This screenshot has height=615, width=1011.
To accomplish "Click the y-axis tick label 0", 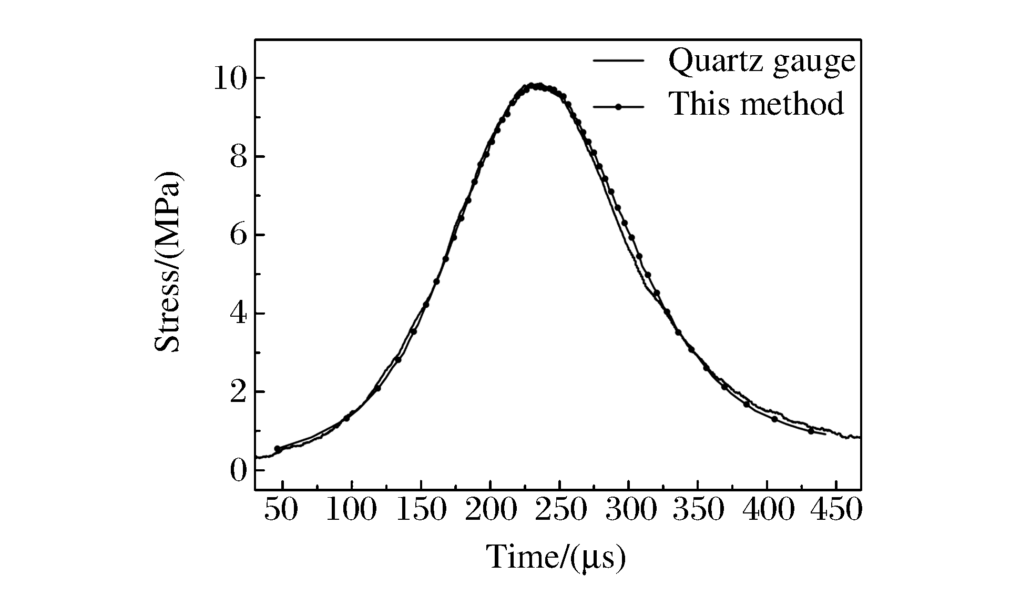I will click(238, 470).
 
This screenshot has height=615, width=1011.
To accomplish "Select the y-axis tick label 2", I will click(238, 392).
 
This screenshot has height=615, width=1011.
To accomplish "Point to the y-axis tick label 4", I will click(238, 314).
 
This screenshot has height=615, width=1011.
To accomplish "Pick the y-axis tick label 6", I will click(238, 235).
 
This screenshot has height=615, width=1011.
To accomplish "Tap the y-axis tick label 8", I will click(238, 157).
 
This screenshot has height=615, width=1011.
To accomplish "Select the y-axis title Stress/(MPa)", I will click(168, 261).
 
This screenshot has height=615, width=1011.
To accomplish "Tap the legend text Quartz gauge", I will click(762, 62).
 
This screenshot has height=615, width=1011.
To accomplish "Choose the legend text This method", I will click(756, 104).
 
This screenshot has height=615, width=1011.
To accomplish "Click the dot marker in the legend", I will click(619, 107).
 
